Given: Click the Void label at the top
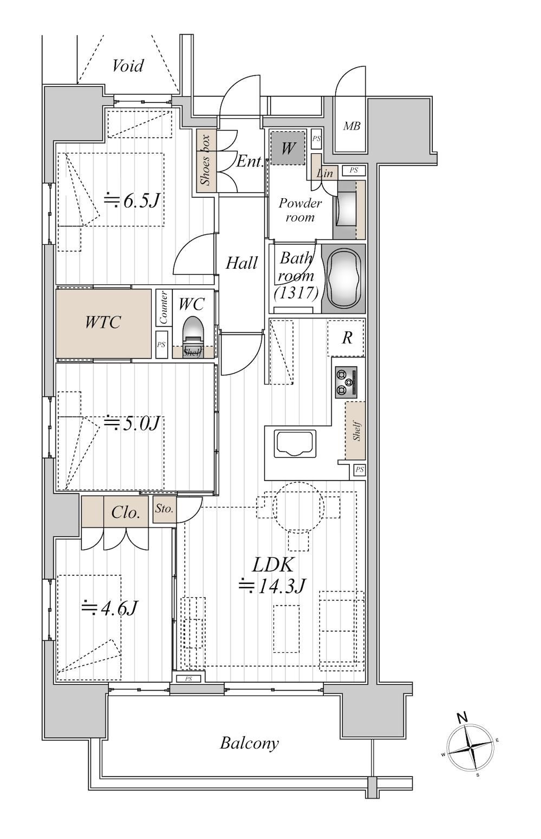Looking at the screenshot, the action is pyautogui.click(x=128, y=66).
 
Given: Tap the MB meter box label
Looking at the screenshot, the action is pyautogui.click(x=351, y=126).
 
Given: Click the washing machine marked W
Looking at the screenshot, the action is pyautogui.click(x=288, y=148).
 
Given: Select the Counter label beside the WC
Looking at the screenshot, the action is pyautogui.click(x=164, y=308).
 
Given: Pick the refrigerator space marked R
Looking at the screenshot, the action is pyautogui.click(x=346, y=338).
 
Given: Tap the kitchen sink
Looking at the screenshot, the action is pyautogui.click(x=295, y=444).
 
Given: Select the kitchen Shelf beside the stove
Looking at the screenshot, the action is pyautogui.click(x=355, y=431).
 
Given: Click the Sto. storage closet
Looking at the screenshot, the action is pyautogui.click(x=165, y=509).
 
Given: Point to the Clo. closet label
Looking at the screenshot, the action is pyautogui.click(x=126, y=512).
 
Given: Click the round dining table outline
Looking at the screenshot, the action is pyautogui.click(x=299, y=507).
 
